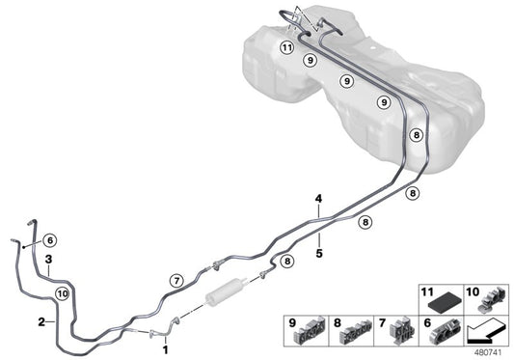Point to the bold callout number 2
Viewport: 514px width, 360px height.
point(41,320)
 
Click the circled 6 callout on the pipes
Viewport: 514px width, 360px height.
point(51,240)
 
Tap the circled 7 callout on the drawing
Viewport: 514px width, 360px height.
point(176,280)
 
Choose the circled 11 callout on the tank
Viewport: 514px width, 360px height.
point(286,47)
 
